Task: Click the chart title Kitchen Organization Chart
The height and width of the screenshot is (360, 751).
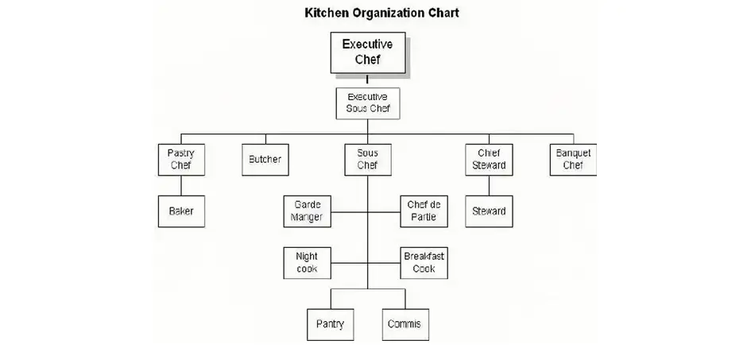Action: coord(381,14)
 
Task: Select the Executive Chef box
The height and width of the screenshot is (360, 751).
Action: coord(367,52)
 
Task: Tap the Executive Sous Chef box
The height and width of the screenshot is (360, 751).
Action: coord(367,103)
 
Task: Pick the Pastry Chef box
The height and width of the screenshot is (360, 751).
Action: coord(181,160)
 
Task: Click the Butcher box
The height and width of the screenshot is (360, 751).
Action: coord(265,160)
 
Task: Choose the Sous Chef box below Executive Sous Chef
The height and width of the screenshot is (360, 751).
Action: coord(367,160)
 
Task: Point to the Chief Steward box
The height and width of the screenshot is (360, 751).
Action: coord(489,160)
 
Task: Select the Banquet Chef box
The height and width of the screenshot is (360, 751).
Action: coord(573,160)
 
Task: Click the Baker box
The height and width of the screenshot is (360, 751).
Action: coord(181,211)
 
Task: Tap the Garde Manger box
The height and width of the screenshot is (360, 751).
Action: coord(308,211)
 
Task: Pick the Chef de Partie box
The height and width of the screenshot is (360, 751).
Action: coord(422,211)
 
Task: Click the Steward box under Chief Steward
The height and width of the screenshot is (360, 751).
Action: coord(489,211)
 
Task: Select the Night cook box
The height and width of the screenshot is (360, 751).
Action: coord(308,263)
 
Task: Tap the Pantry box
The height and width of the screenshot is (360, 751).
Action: coord(330,324)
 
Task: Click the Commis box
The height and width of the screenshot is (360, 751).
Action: coord(405,324)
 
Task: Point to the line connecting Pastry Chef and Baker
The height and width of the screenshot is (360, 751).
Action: coord(181,185)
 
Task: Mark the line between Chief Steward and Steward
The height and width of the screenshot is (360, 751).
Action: coord(489,185)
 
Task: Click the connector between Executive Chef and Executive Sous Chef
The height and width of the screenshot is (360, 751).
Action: coord(367,80)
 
